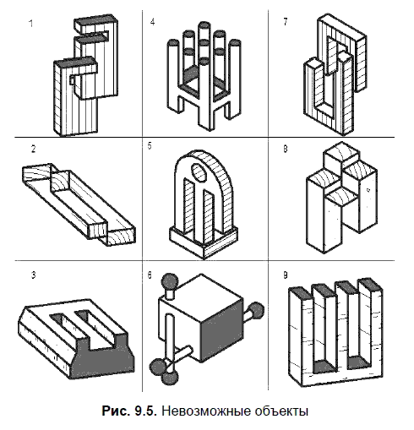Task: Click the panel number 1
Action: pyautogui.click(x=31, y=24)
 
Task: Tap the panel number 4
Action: pyautogui.click(x=152, y=22)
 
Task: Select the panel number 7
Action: pyautogui.click(x=286, y=22)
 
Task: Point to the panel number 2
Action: pyautogui.click(x=34, y=149)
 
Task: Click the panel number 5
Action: pyautogui.click(x=150, y=146)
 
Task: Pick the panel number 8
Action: pyautogui.click(x=286, y=149)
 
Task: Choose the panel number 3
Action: pyautogui.click(x=34, y=275)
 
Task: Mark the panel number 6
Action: pyautogui.click(x=150, y=275)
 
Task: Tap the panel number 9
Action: pyautogui.click(x=286, y=275)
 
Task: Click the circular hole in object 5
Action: pyautogui.click(x=199, y=171)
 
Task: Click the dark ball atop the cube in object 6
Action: pyautogui.click(x=170, y=280)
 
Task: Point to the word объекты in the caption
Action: pyautogui.click(x=281, y=411)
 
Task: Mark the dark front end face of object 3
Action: pyautogui.click(x=102, y=357)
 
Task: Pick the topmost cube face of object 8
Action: pyautogui.click(x=342, y=151)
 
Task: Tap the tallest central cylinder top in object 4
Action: pyautogui.click(x=204, y=25)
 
